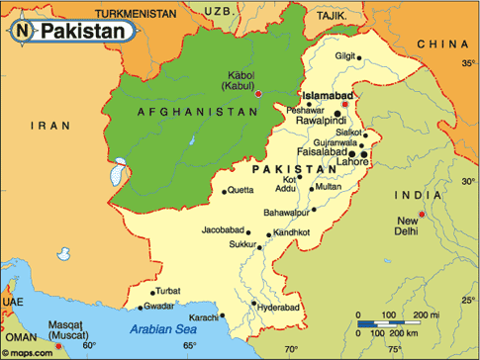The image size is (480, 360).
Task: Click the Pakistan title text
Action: pos(83,31)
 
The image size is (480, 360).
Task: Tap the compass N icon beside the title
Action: pos(22,31)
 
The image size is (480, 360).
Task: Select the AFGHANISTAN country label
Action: pos(184,112)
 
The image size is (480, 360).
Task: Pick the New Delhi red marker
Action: pos(421,215)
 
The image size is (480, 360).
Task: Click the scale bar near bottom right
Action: pos(393,323)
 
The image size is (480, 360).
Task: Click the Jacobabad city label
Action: pos(220,232)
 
